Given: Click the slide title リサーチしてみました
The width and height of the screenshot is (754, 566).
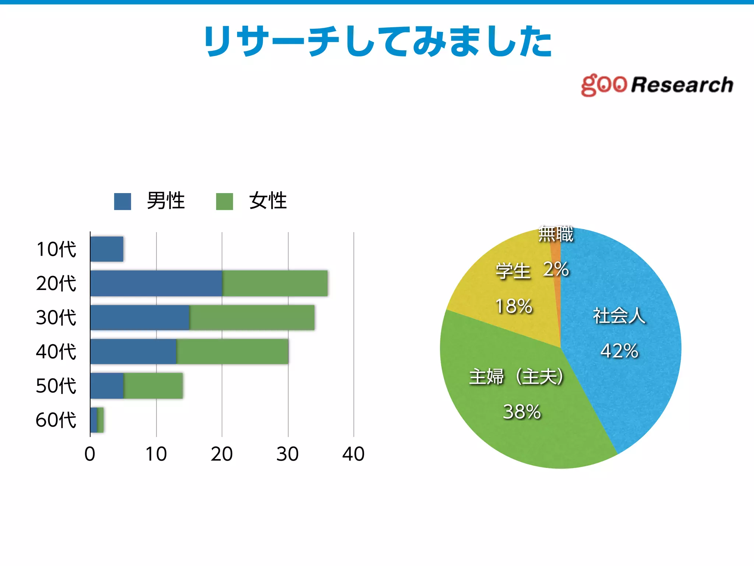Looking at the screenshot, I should pyautogui.click(x=378, y=41).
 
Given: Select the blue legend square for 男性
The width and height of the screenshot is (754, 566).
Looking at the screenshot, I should pyautogui.click(x=123, y=202).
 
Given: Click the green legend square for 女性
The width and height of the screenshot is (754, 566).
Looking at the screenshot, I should pyautogui.click(x=224, y=202).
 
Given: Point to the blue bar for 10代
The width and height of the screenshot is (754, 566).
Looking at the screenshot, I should pyautogui.click(x=107, y=249).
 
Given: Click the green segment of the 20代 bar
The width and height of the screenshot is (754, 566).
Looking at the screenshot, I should pyautogui.click(x=275, y=283).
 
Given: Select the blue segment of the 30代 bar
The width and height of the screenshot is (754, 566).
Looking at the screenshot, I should pyautogui.click(x=140, y=317).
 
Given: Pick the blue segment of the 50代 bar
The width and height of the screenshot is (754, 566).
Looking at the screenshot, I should pyautogui.click(x=107, y=386).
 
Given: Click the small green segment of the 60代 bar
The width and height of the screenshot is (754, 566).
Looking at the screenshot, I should pyautogui.click(x=101, y=420).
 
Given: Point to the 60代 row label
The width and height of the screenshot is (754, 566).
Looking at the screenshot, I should pyautogui.click(x=56, y=420).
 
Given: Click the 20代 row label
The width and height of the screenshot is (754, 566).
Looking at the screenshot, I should pyautogui.click(x=56, y=283).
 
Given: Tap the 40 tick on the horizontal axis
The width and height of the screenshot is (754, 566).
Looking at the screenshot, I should pyautogui.click(x=353, y=454).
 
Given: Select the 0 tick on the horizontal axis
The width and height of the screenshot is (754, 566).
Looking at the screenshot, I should pyautogui.click(x=90, y=454).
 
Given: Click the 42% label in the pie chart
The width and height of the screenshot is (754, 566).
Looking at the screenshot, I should pyautogui.click(x=619, y=351).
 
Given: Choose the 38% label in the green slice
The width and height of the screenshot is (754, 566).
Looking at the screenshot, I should pyautogui.click(x=522, y=412).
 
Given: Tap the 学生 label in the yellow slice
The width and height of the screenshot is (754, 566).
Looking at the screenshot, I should pyautogui.click(x=513, y=271).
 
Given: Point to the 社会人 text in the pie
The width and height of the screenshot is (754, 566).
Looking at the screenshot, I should pyautogui.click(x=619, y=316).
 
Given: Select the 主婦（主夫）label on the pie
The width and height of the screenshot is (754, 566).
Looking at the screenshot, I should pyautogui.click(x=516, y=377).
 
